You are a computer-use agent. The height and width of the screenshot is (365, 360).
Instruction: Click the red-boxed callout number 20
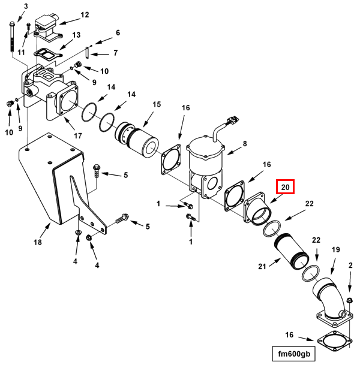pos(286,188)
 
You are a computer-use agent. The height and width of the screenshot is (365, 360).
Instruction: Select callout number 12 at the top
pos(85,14)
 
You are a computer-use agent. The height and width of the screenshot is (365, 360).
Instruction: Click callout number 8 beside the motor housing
pos(245,144)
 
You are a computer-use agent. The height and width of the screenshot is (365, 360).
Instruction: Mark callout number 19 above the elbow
pos(336,249)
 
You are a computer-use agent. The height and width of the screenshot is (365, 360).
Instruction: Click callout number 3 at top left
pos(26,5)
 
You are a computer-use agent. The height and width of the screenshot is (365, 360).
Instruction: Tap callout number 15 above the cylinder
pos(156,104)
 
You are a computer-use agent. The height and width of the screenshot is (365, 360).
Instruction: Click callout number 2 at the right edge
pos(350,264)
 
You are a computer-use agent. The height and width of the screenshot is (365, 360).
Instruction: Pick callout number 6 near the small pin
pos(118,32)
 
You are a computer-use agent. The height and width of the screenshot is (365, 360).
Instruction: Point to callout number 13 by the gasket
pos(76,35)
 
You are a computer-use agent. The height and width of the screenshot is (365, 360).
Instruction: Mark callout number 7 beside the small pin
pos(115,53)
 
